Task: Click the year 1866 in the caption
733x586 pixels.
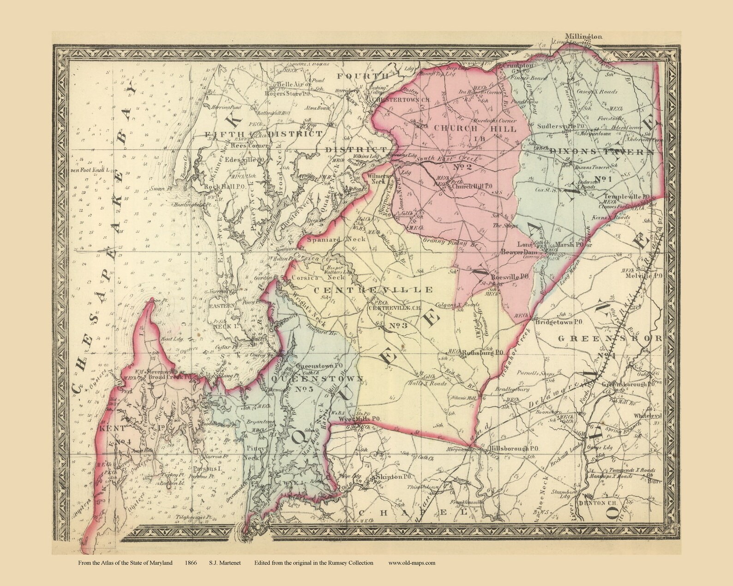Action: (190, 562)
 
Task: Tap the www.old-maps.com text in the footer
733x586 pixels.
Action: (412, 562)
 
